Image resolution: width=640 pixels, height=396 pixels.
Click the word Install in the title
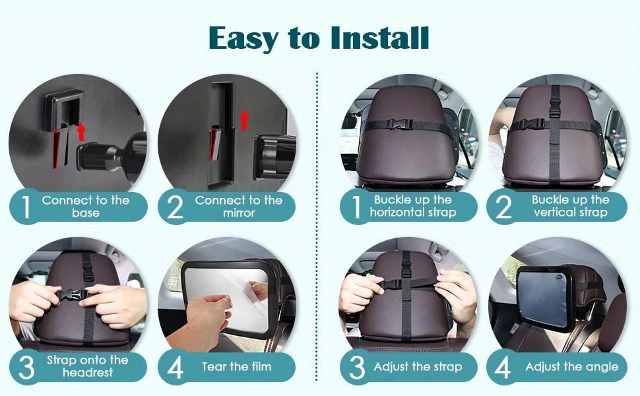pyautogui.click(x=379, y=38)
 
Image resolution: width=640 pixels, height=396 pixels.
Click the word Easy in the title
pyautogui.click(x=243, y=39)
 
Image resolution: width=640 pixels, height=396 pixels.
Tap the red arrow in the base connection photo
pyautogui.click(x=81, y=131)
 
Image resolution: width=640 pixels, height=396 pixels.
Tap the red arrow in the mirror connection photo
pyautogui.click(x=245, y=120)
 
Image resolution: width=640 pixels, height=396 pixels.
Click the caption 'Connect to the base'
pyautogui.click(x=86, y=207)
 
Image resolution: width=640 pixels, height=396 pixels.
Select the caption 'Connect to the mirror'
pyautogui.click(x=239, y=207)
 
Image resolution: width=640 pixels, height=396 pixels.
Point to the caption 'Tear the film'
pyautogui.click(x=237, y=366)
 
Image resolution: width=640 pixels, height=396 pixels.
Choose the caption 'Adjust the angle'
pyautogui.click(x=572, y=366)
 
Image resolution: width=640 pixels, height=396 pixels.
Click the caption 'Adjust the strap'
pyautogui.click(x=418, y=366)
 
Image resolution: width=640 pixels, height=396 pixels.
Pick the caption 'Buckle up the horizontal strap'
pyautogui.click(x=413, y=206)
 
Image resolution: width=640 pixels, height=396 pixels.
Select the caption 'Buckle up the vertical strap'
pyautogui.click(x=571, y=206)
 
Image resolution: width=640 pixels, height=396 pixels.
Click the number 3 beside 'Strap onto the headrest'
pyautogui.click(x=26, y=367)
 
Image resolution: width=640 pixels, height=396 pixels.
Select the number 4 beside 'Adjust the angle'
pyautogui.click(x=503, y=367)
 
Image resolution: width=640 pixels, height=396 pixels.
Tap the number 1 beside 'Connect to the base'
pyautogui.click(x=26, y=207)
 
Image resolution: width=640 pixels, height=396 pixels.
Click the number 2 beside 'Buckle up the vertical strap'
pyautogui.click(x=503, y=207)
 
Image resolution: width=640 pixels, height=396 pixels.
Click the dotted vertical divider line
pyautogui.click(x=317, y=233)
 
